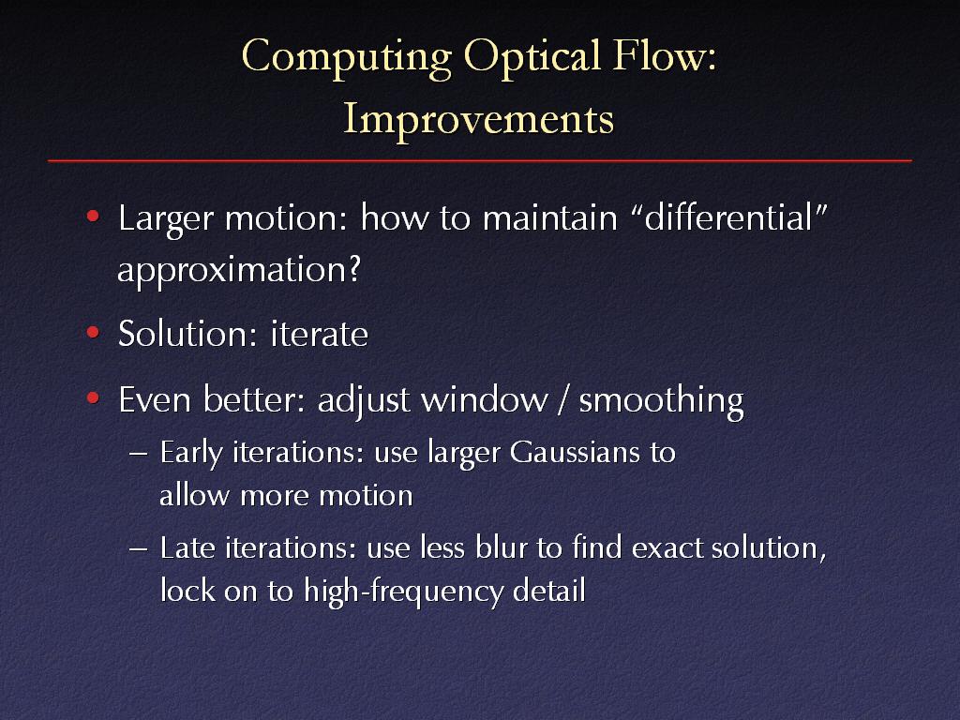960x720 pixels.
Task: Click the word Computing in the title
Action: (x=347, y=58)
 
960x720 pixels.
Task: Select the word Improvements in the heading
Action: (x=478, y=120)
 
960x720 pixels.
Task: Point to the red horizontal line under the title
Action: (x=480, y=160)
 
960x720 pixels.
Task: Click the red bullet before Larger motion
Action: (x=93, y=217)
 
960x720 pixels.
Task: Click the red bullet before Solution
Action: (x=93, y=333)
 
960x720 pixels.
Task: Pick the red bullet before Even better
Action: (x=93, y=398)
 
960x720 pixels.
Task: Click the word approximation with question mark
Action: (x=239, y=270)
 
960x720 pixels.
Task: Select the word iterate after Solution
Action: (x=319, y=335)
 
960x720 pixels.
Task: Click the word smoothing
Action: (x=661, y=401)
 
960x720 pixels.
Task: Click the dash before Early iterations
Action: (x=139, y=454)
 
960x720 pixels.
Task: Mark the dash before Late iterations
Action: (x=139, y=547)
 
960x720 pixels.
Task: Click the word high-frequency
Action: (x=403, y=592)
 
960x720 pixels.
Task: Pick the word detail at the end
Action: (x=549, y=590)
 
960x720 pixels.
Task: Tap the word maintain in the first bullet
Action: (x=549, y=217)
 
